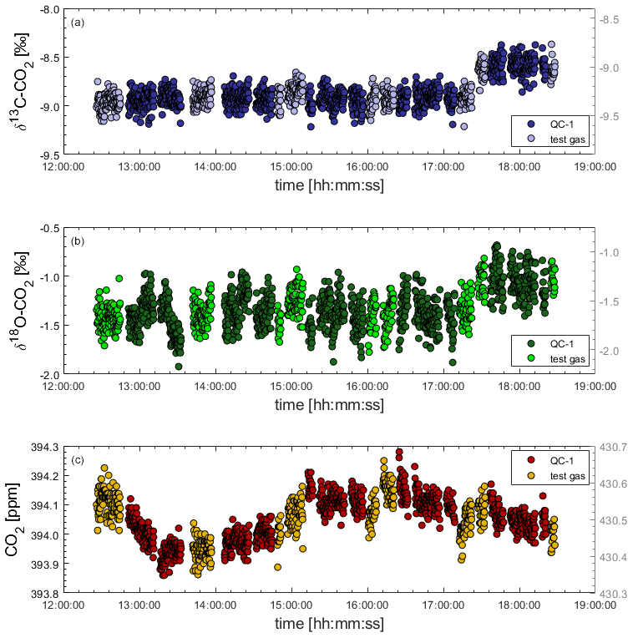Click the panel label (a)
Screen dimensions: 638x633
coord(77,21)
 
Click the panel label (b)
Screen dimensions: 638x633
coord(77,241)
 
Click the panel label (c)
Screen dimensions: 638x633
coord(77,459)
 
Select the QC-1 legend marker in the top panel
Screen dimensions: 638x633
coord(529,124)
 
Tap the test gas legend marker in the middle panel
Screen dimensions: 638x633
coord(529,359)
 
